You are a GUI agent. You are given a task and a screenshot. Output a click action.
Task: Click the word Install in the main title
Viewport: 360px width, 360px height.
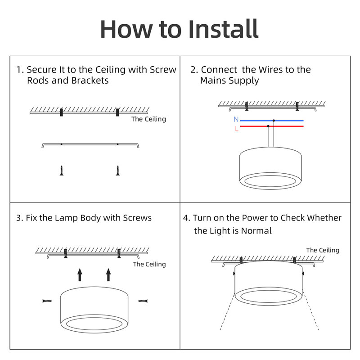click(224, 29)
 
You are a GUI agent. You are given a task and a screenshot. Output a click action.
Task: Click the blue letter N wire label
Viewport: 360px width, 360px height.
click(236, 120)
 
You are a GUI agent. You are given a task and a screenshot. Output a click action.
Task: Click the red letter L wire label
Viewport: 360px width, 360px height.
click(237, 129)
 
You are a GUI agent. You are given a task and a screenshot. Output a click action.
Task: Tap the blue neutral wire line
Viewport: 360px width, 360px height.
click(288, 121)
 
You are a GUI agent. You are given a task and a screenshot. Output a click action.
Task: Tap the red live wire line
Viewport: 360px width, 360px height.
click(288, 127)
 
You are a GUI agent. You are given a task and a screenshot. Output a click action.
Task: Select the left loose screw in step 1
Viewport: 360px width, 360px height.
click(62, 170)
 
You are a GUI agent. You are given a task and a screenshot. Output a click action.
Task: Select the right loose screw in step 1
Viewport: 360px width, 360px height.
click(118, 170)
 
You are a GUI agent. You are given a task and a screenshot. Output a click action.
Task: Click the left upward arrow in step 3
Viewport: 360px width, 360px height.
click(80, 274)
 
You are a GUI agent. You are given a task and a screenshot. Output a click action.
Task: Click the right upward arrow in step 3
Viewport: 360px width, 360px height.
click(108, 274)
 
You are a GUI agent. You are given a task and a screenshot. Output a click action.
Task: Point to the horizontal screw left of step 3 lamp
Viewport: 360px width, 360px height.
click(47, 300)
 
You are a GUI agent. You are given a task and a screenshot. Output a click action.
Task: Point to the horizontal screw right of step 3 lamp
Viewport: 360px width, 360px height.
click(143, 300)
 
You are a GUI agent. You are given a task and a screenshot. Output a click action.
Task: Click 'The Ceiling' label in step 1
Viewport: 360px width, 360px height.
click(148, 119)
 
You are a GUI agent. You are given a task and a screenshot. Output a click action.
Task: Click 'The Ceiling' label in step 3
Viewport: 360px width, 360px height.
click(149, 264)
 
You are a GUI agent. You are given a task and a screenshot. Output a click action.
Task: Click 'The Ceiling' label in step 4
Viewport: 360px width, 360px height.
click(323, 250)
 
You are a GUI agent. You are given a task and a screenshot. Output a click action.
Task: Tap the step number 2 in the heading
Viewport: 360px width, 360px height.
click(193, 70)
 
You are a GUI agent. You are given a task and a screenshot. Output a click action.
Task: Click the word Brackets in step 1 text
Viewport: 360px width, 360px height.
click(90, 81)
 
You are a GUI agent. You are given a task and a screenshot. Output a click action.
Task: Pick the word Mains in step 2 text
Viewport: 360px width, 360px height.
click(213, 81)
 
